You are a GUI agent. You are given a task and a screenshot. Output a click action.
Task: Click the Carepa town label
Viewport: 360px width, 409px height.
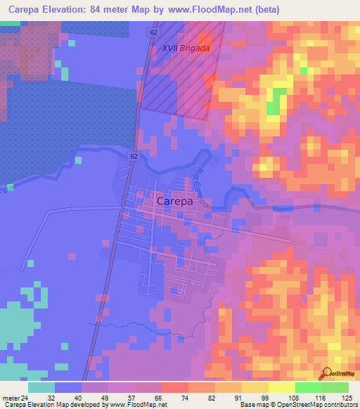coord(174,201)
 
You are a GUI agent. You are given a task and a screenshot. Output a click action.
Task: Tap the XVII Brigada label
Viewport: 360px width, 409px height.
coord(186,48)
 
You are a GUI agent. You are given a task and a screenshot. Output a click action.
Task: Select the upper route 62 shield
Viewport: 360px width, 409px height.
coord(154,32)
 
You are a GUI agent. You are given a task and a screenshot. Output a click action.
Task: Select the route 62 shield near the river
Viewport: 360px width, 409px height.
coord(132,156)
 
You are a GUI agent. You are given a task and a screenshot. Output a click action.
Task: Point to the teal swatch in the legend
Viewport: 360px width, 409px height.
coord(41,387)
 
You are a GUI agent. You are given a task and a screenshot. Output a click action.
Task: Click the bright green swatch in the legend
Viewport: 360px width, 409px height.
coord(308,387)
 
